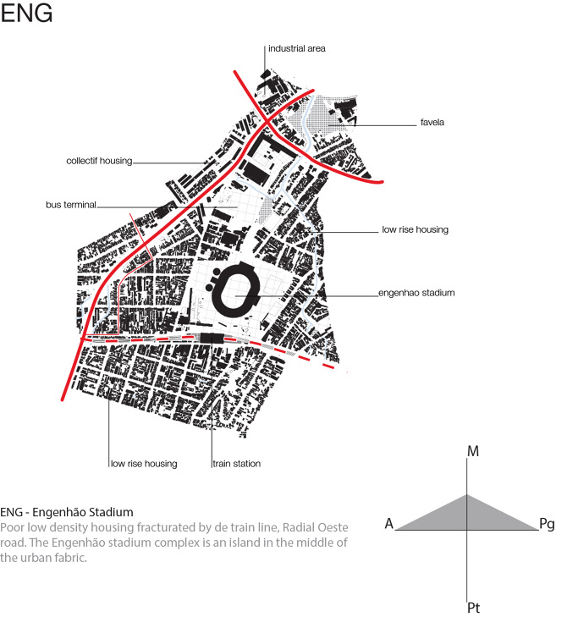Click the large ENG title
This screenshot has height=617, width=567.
(x=26, y=13)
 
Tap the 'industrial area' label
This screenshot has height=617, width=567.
(x=297, y=48)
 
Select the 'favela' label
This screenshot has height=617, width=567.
(x=432, y=123)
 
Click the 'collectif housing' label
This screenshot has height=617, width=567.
(x=99, y=161)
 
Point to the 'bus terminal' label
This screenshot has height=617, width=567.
(x=71, y=205)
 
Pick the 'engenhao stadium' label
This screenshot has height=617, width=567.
(x=416, y=293)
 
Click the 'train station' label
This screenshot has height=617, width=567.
(x=236, y=464)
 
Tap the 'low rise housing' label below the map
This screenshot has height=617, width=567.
(x=144, y=464)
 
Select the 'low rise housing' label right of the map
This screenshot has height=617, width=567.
(x=416, y=229)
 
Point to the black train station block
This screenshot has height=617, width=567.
(x=212, y=338)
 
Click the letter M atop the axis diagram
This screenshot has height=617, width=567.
(x=473, y=451)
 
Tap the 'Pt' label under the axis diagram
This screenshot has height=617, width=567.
(x=474, y=608)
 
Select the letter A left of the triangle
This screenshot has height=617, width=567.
(x=389, y=524)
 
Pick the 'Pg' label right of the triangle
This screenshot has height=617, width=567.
(x=547, y=524)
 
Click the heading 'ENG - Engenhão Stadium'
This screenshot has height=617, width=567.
(x=67, y=512)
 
